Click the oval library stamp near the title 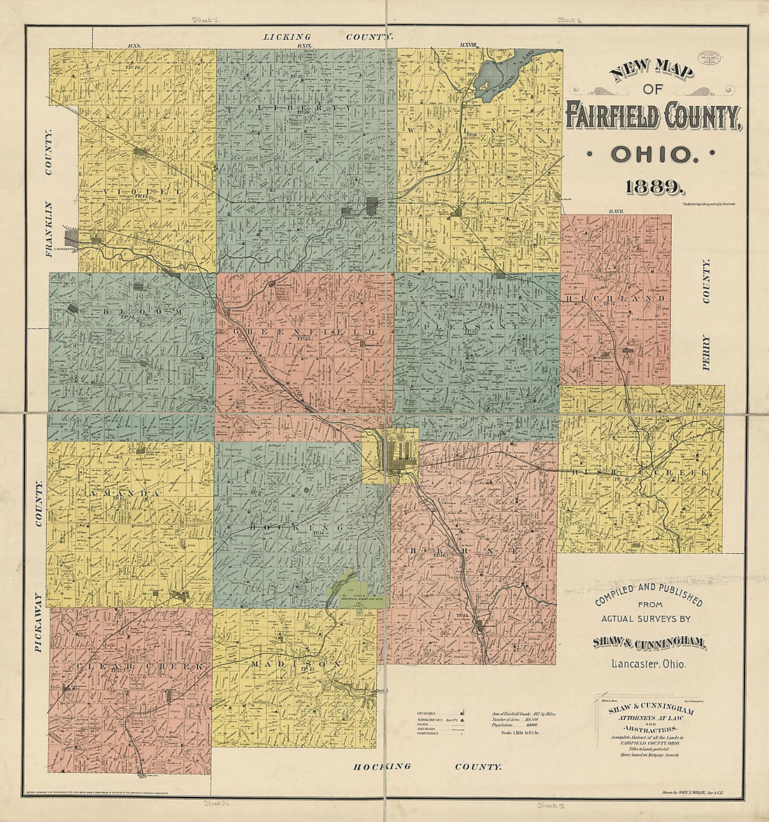712,59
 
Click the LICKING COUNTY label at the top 328,36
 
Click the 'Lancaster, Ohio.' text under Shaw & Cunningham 649,663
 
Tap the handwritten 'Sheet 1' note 206,21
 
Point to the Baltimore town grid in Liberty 373,205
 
